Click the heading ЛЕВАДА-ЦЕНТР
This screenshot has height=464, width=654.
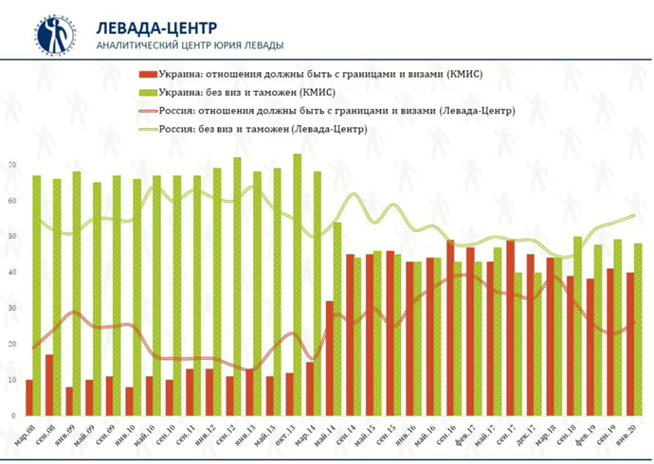[x=155, y=26]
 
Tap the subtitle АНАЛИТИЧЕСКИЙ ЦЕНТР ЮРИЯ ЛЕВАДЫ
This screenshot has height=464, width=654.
[x=189, y=45]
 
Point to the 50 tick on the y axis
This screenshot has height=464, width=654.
[x=11, y=237]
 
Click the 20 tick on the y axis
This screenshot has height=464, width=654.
[x=11, y=344]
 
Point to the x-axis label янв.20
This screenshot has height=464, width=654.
[x=627, y=433]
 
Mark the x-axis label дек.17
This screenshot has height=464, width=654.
[x=526, y=433]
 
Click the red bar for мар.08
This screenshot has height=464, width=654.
[x=29, y=398]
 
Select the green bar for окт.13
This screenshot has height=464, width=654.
[x=298, y=284]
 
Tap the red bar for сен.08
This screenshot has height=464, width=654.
[x=49, y=385]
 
